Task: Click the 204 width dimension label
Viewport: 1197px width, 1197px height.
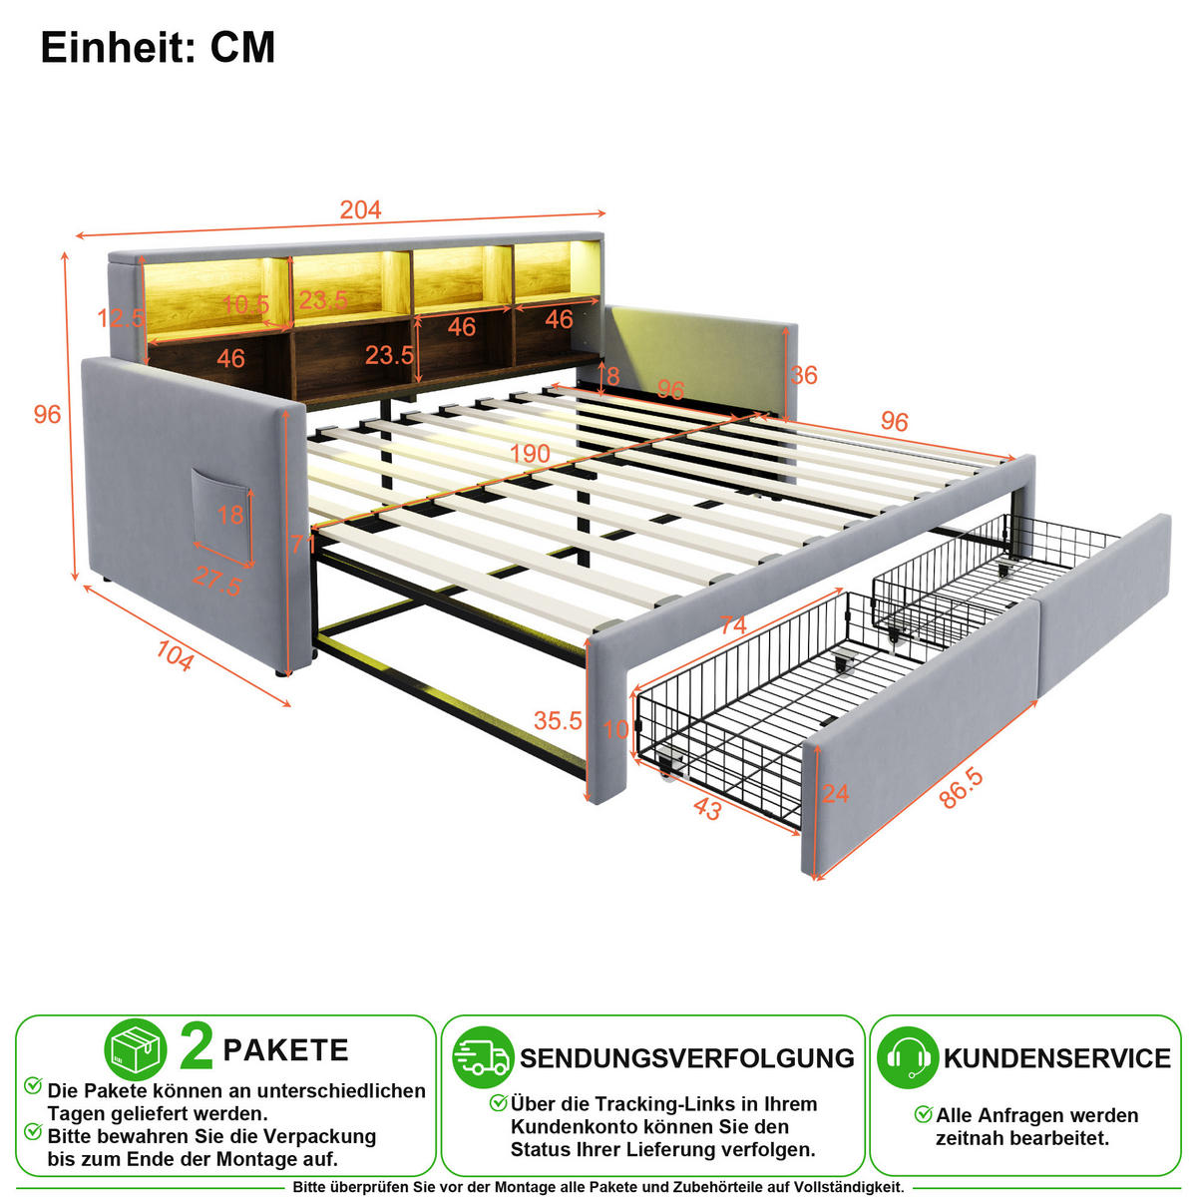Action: [x=360, y=209]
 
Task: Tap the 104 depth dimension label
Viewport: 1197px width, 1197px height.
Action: [x=176, y=655]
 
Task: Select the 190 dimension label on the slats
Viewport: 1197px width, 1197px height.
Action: [x=530, y=454]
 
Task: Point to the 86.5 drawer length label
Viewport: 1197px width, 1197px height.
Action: [x=961, y=788]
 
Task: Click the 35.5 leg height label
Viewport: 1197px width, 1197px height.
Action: [x=558, y=720]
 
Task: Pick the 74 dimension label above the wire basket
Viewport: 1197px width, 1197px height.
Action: [x=732, y=624]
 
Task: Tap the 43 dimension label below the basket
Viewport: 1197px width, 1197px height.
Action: [x=707, y=809]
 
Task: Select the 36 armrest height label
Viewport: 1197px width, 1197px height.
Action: [x=804, y=375]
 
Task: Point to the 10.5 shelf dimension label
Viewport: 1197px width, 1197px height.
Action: [x=245, y=304]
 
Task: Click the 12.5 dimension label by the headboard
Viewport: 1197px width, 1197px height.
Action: [x=121, y=318]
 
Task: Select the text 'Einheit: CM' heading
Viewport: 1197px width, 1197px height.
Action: [x=158, y=47]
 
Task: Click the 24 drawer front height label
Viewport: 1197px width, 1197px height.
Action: [x=836, y=793]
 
